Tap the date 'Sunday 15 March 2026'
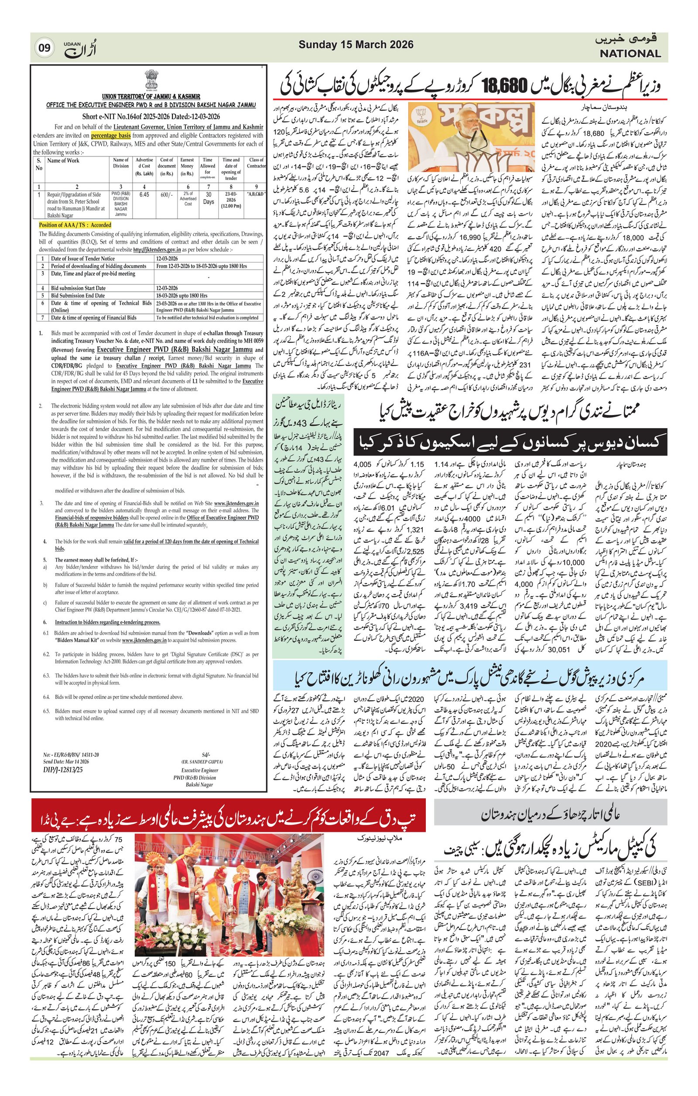click(356, 44)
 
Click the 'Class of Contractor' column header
click(256, 163)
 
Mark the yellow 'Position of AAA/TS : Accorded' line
click(75, 225)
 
